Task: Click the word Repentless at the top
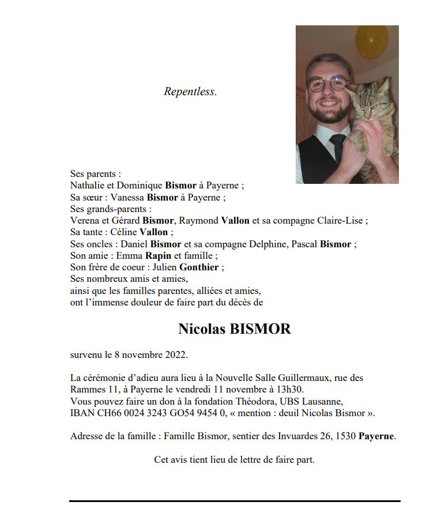coord(190,92)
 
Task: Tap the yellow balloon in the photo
coord(371,42)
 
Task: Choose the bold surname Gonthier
coord(199,267)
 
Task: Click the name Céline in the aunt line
coord(123,232)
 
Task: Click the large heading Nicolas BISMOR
coord(235,329)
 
